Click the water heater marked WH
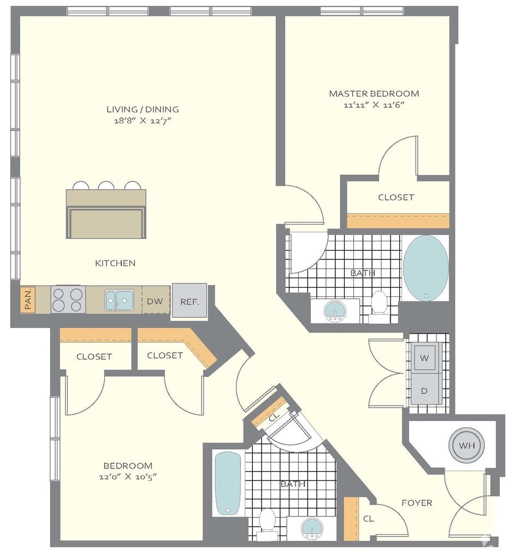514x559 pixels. [467, 445]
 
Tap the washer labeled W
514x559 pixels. [424, 357]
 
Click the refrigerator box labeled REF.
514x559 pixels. [190, 301]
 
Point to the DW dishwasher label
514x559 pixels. [155, 301]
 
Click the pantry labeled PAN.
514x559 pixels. [28, 300]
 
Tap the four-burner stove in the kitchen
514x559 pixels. [68, 300]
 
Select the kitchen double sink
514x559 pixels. [119, 300]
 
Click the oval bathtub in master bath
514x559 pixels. [426, 267]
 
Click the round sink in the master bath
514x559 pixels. [335, 311]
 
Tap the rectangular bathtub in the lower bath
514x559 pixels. [228, 484]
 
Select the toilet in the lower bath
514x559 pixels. [267, 524]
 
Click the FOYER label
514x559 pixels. [417, 503]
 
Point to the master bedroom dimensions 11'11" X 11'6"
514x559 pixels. [374, 105]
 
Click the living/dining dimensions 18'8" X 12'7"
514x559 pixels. [143, 121]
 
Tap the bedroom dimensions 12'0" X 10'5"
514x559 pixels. [128, 477]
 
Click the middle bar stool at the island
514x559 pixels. [107, 186]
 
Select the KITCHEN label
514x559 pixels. [115, 263]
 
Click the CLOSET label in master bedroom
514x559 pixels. [396, 197]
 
